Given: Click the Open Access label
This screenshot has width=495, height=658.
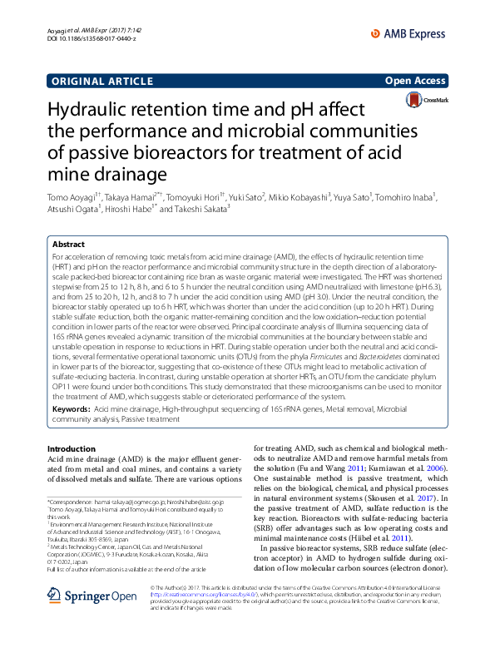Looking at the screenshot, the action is (416, 82).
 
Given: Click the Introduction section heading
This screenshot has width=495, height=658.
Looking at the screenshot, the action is (72, 449).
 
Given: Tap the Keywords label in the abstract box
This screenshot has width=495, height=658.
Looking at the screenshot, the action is (71, 410).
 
